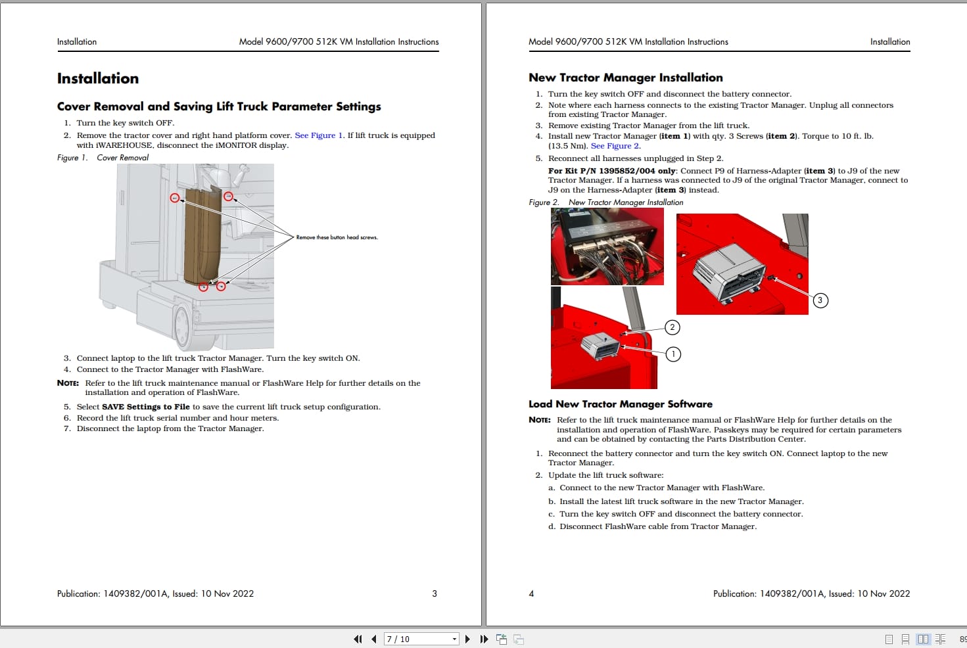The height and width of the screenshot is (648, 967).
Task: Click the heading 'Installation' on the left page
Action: pyautogui.click(x=98, y=79)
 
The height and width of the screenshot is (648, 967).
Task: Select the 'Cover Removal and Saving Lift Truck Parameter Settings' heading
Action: pyautogui.click(x=219, y=106)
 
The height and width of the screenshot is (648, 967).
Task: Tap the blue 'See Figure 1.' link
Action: pyautogui.click(x=319, y=135)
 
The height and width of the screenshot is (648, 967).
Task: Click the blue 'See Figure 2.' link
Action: pyautogui.click(x=615, y=146)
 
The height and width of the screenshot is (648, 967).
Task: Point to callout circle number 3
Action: pyautogui.click(x=820, y=300)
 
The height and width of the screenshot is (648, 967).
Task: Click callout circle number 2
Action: pyautogui.click(x=672, y=327)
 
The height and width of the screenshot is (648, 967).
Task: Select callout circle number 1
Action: pyautogui.click(x=673, y=354)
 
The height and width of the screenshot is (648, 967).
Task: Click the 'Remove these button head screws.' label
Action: pyautogui.click(x=337, y=237)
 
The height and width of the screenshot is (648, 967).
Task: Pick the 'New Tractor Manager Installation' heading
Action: pyautogui.click(x=625, y=78)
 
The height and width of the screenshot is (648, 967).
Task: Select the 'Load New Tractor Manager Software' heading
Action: pyautogui.click(x=620, y=404)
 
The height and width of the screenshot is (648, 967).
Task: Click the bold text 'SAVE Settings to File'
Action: pyautogui.click(x=146, y=407)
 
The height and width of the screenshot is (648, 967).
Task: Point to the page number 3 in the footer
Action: pyautogui.click(x=435, y=593)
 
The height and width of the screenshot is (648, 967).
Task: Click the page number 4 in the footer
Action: pyautogui.click(x=531, y=593)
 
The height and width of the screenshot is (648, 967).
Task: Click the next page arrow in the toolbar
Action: pyautogui.click(x=467, y=639)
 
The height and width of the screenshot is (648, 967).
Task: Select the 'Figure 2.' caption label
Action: pyautogui.click(x=544, y=202)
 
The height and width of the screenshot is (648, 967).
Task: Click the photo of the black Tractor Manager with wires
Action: pyautogui.click(x=607, y=247)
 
